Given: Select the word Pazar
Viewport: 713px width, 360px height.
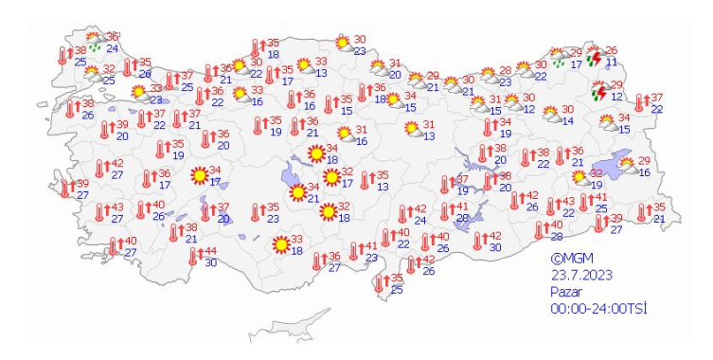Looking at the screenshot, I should (568, 292).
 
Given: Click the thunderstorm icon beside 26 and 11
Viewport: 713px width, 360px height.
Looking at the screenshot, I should (596, 59).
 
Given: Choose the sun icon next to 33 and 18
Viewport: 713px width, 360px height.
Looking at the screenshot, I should (281, 245).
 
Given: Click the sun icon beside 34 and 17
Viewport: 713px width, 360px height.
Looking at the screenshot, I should (200, 176).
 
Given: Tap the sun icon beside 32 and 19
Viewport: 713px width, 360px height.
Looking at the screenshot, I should (580, 178).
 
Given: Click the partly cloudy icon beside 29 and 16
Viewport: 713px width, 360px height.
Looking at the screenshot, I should (628, 167).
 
